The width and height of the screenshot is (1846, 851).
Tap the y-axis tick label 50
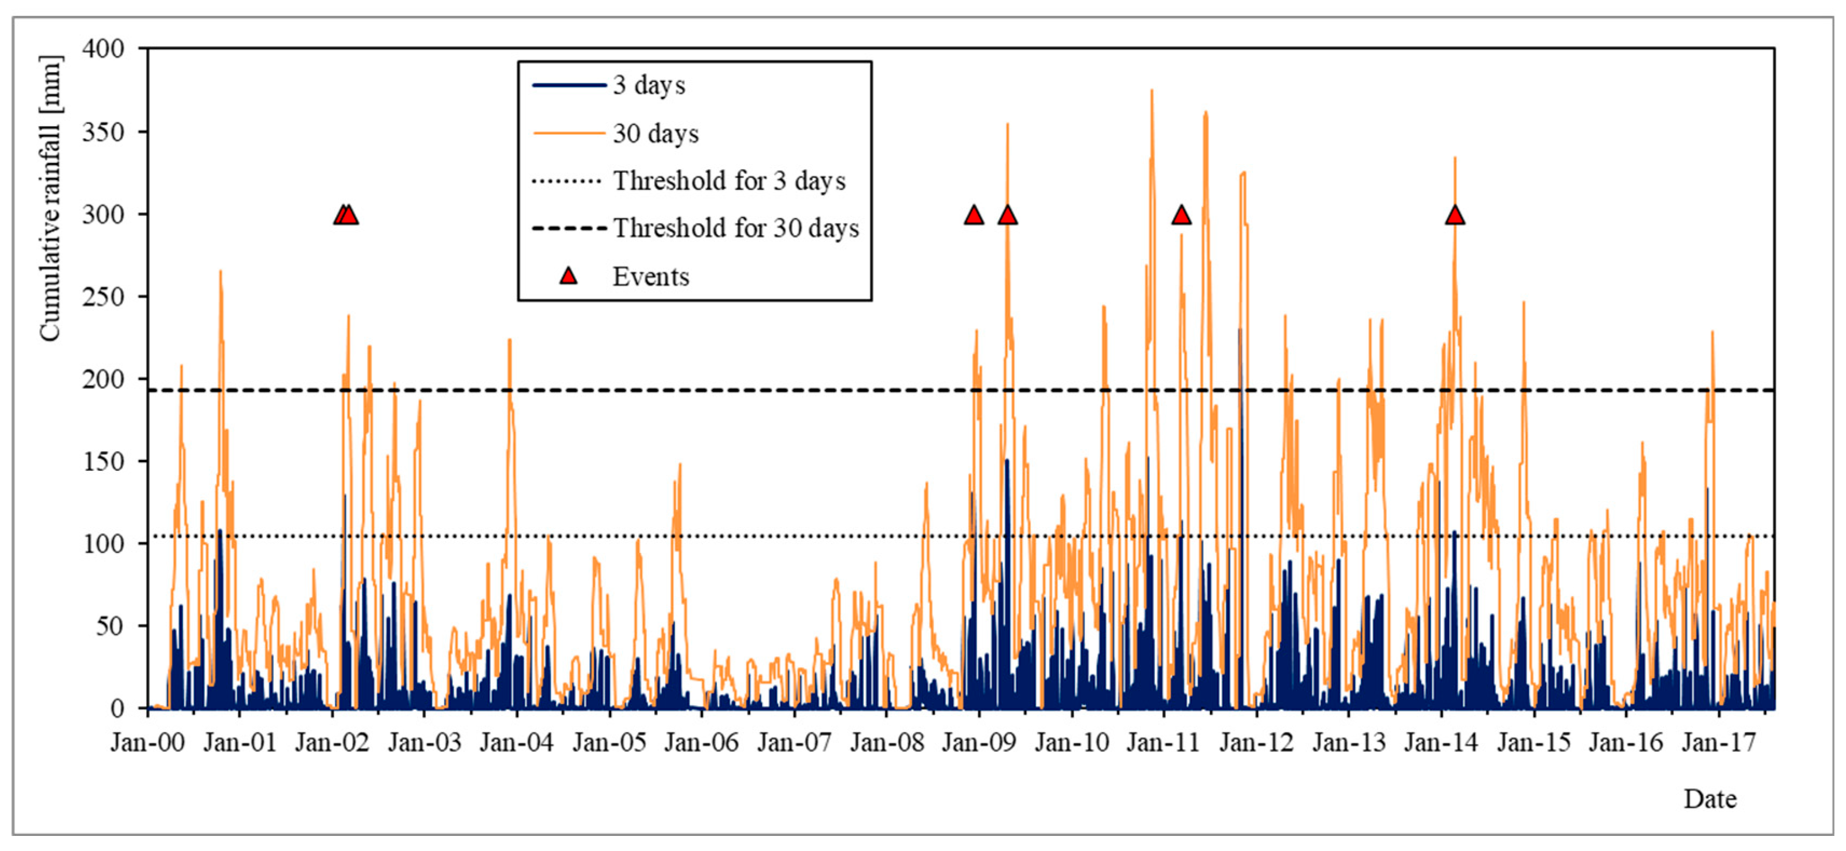[109, 626]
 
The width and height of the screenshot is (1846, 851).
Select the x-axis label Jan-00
[148, 742]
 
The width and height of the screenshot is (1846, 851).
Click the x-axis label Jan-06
[702, 742]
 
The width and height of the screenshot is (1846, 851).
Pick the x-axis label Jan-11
[1163, 742]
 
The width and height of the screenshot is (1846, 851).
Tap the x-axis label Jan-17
[1718, 742]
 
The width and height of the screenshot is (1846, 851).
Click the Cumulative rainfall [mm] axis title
[50, 198]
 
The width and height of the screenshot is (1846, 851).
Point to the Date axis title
[1710, 799]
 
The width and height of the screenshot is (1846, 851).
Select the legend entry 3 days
[649, 85]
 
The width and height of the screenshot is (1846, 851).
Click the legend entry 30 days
[655, 133]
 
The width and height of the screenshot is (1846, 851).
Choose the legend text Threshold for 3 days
[729, 181]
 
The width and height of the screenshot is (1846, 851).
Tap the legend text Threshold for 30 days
[735, 229]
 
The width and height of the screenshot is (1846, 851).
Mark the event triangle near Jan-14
[1454, 215]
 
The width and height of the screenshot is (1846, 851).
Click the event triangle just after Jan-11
[1182, 215]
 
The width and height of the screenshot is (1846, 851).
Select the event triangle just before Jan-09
[974, 215]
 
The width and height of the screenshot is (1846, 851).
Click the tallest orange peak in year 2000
[221, 271]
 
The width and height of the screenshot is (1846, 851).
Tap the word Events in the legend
[651, 277]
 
